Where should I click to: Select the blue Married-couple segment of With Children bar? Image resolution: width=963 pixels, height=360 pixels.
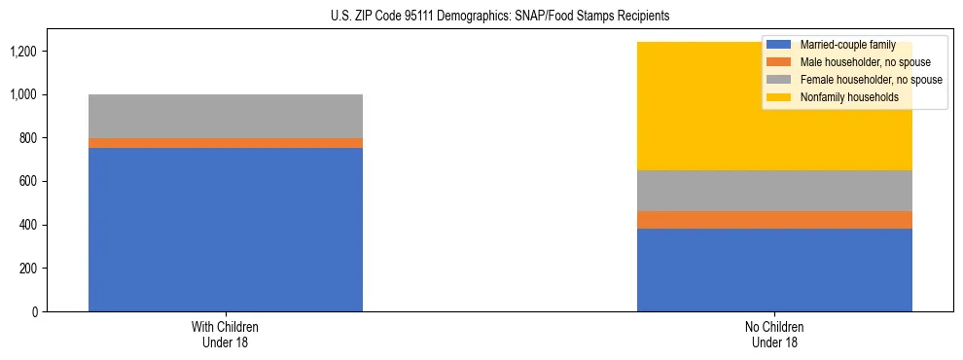pyautogui.click(x=226, y=230)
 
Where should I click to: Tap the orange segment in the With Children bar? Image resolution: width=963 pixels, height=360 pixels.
pyautogui.click(x=226, y=143)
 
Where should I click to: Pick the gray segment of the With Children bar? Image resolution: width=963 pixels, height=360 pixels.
pyautogui.click(x=226, y=116)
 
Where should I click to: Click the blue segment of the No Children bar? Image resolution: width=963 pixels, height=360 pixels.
pyautogui.click(x=774, y=270)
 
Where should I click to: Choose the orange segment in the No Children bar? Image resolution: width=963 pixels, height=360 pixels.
pyautogui.click(x=774, y=220)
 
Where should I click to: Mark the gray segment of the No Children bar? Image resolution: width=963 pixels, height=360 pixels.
pyautogui.click(x=774, y=191)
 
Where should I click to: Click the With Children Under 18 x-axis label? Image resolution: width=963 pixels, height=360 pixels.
pyautogui.click(x=226, y=334)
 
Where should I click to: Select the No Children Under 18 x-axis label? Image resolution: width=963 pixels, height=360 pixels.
pyautogui.click(x=774, y=334)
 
